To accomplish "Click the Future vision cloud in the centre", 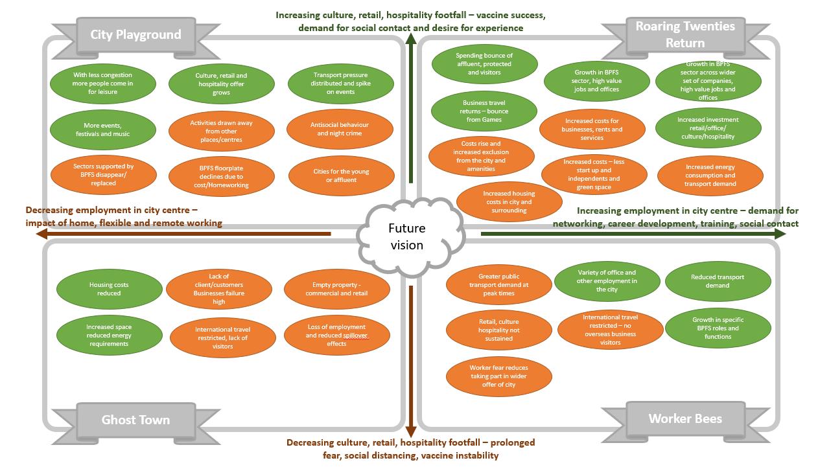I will coord(407,237).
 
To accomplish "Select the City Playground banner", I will coord(135,34).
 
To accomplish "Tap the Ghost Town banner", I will coord(135,420).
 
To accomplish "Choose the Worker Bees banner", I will coord(685,418).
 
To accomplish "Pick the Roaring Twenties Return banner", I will coord(685,35).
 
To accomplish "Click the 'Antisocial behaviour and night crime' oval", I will coord(340,129).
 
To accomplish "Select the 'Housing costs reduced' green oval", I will coord(109,289).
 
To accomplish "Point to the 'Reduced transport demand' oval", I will coord(718,281).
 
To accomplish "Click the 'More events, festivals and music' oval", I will coord(102,130).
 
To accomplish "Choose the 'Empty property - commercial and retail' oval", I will coord(336,289).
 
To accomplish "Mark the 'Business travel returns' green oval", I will coord(484,111).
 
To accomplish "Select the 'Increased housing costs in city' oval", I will coord(509,201).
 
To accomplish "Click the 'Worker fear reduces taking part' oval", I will coord(498,376).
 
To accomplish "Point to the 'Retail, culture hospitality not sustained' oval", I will coord(498,330).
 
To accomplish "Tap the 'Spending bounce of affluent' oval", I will coord(484,64).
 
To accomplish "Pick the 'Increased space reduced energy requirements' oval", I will coord(109,335).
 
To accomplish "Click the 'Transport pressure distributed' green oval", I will coord(340,84).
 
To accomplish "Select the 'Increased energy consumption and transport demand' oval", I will coord(710,176).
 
